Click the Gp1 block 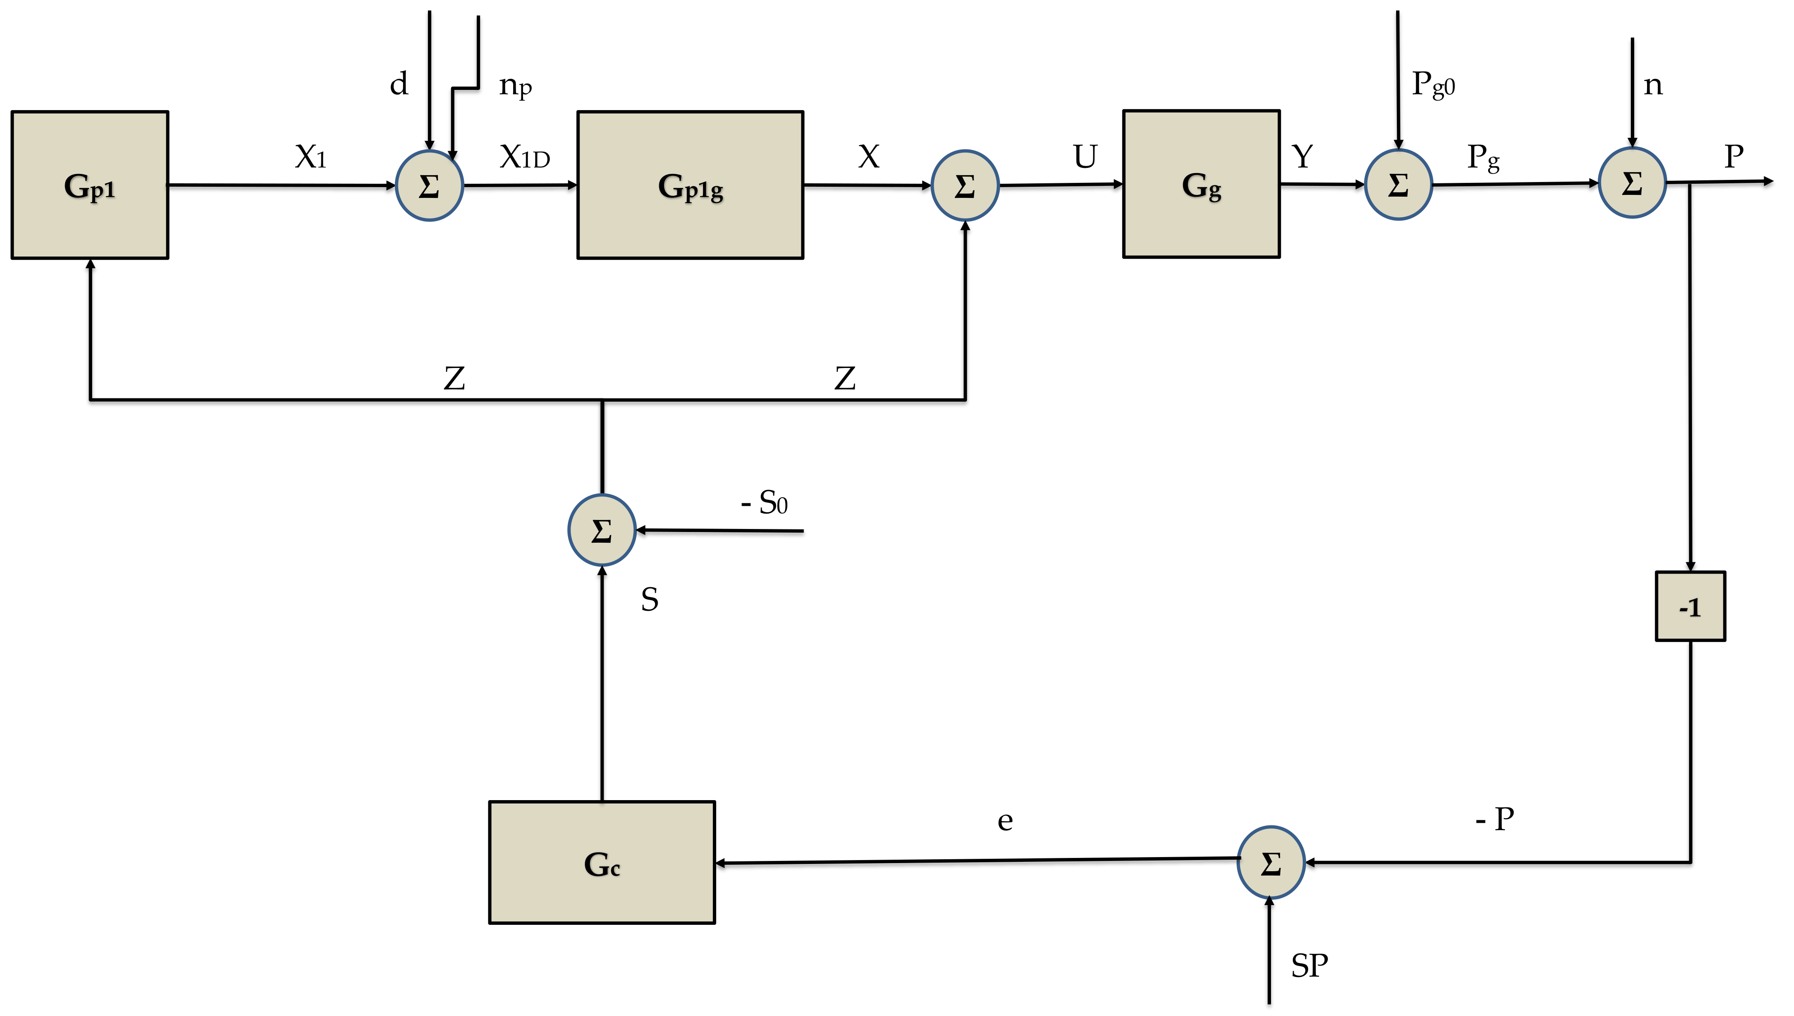click(x=90, y=185)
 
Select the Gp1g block click(x=690, y=185)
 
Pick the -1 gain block click(x=1690, y=607)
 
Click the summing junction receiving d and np click(x=429, y=185)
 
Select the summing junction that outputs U click(x=965, y=185)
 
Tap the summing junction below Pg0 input click(x=1398, y=185)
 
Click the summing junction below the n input click(x=1632, y=183)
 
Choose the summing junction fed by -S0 click(x=601, y=530)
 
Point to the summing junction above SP click(x=1271, y=863)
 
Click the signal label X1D click(x=525, y=157)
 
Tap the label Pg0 click(x=1433, y=84)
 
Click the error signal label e click(x=1005, y=821)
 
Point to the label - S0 click(x=764, y=502)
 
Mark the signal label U click(x=1085, y=157)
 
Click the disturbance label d click(x=398, y=84)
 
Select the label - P click(x=1495, y=819)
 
